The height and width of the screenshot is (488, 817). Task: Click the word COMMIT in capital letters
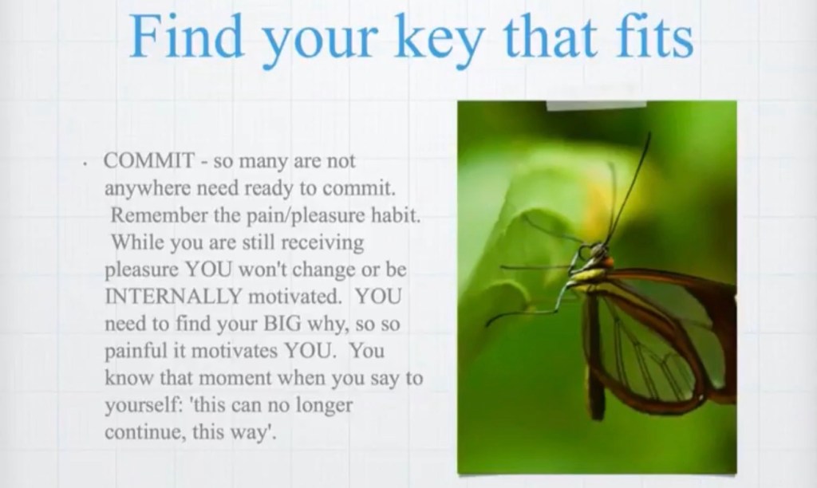149,160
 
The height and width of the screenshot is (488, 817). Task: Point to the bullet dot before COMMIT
84,164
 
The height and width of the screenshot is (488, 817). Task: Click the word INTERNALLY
173,297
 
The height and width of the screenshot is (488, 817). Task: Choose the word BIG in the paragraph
282,324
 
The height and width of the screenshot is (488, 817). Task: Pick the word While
137,242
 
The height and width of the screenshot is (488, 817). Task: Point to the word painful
136,351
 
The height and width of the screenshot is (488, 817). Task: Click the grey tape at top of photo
596,105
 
